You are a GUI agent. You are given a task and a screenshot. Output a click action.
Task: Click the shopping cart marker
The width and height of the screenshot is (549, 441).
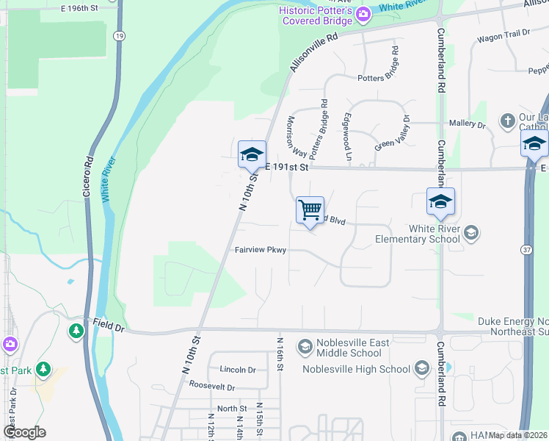(310, 209)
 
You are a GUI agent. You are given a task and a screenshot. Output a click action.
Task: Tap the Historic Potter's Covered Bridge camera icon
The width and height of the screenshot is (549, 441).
(362, 14)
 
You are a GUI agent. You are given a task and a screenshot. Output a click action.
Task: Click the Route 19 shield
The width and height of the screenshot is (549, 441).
(119, 35)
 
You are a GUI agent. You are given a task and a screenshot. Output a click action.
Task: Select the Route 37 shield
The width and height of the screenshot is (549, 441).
(528, 251)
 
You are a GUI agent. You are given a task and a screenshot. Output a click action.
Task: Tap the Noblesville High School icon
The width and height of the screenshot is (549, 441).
(421, 367)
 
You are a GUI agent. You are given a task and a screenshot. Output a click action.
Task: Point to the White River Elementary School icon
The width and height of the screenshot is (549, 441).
(471, 233)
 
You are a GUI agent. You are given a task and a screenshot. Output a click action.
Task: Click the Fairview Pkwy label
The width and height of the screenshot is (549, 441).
(260, 250)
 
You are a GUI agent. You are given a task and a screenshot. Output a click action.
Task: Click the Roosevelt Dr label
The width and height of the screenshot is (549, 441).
(211, 387)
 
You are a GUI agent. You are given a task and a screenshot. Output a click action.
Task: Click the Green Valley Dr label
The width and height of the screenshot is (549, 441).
(392, 132)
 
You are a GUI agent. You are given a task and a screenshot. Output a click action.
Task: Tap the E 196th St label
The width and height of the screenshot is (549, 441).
(80, 7)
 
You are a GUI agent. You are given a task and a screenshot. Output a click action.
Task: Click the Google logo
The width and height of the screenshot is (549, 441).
(24, 432)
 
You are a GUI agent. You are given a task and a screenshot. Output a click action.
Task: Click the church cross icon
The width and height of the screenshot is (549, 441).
(506, 120)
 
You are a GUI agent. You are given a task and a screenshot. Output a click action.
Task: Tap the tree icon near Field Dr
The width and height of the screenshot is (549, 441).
(76, 331)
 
